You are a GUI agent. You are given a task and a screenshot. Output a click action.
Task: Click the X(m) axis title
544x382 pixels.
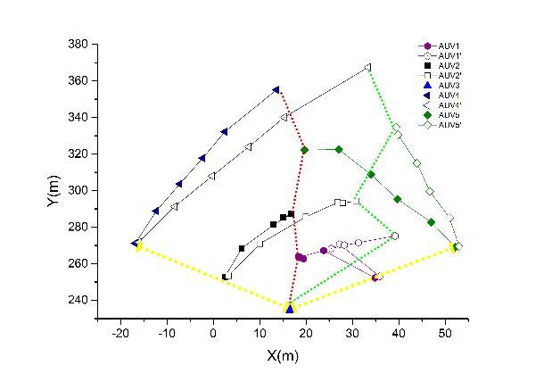[287, 356]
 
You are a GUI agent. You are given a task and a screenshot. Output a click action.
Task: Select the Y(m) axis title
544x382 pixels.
[55, 187]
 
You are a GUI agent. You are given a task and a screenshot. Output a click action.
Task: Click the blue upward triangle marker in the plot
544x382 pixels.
[289, 308]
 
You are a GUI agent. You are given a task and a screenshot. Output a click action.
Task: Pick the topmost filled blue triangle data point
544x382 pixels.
[276, 89]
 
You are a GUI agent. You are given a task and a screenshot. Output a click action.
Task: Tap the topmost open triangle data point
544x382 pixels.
[367, 67]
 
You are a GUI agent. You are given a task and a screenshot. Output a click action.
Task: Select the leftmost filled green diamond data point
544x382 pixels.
[305, 150]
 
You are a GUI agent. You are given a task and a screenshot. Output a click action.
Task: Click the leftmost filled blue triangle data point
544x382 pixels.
[135, 243]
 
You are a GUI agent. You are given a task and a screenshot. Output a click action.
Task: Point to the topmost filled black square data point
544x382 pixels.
[291, 214]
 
